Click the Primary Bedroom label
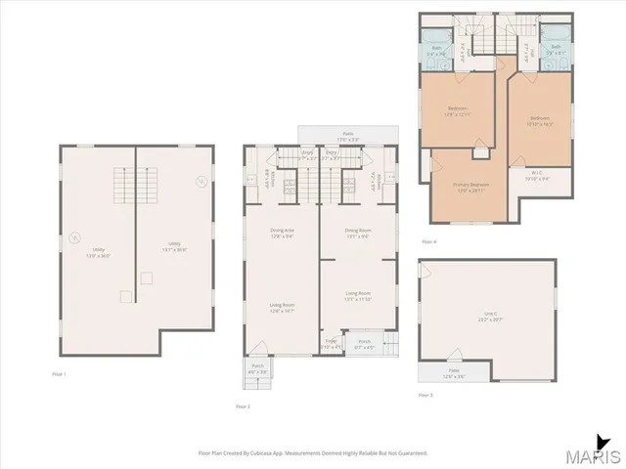[x=470, y=187]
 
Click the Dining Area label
[x=282, y=232]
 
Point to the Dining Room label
[x=357, y=232]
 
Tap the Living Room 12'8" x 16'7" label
[x=282, y=308]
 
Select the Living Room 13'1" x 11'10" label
[x=357, y=294]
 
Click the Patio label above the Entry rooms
[x=347, y=135]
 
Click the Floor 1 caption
[x=59, y=374]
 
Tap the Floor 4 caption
[x=428, y=240]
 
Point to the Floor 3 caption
[x=425, y=395]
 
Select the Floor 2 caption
[x=243, y=405]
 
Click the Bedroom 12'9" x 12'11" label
[x=458, y=110]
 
